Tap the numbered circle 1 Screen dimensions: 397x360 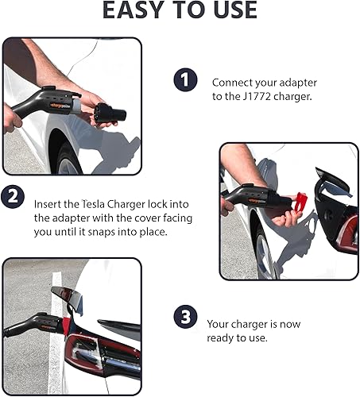(185, 81)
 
